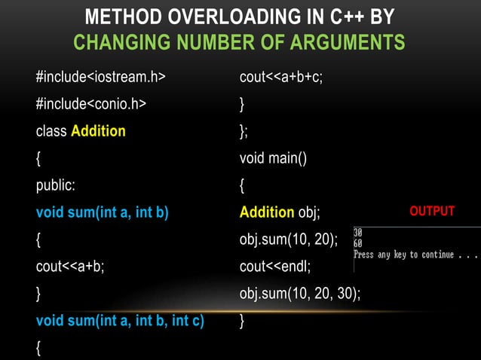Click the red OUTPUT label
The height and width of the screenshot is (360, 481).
(432, 212)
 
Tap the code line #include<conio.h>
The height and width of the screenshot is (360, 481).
(90, 103)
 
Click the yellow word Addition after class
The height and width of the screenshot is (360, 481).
(98, 131)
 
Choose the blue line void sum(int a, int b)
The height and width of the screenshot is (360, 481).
(102, 212)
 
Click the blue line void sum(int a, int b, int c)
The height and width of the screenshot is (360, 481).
(120, 321)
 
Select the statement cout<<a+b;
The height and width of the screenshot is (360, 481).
(70, 267)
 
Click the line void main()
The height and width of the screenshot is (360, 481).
(273, 158)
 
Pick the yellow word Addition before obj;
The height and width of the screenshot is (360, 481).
(266, 212)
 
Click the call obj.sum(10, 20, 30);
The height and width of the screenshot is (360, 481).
(299, 294)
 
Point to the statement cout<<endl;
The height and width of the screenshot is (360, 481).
(275, 267)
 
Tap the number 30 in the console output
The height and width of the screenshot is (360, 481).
(358, 233)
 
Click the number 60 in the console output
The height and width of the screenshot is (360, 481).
(358, 243)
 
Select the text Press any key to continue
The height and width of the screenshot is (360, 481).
(403, 255)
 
